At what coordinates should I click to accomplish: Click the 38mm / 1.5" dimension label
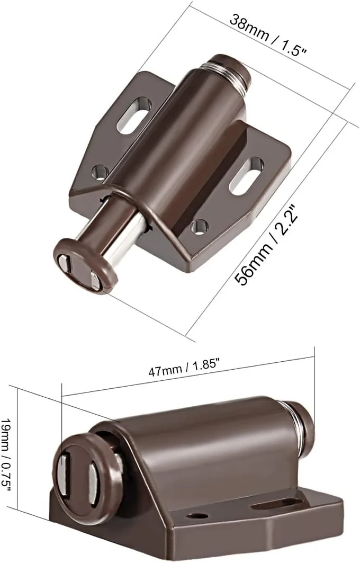tap(268, 35)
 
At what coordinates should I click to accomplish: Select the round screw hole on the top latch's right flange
tap(200, 227)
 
